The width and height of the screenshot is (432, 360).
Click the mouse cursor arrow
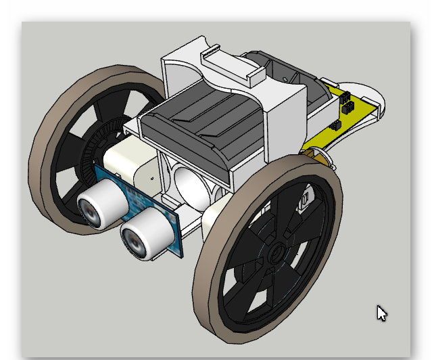click(x=381, y=313)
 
